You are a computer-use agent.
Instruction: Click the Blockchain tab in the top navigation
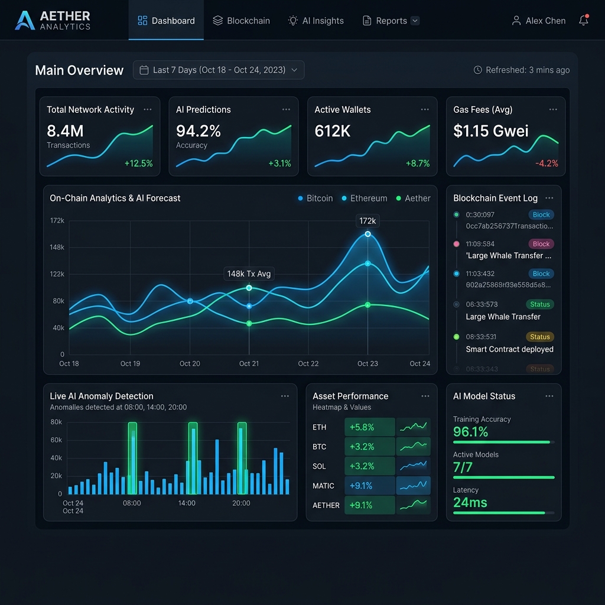tap(241, 21)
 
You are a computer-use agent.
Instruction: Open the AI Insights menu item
tap(315, 21)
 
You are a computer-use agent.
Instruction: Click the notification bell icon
tap(584, 21)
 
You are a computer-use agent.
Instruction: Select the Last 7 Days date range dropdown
tap(219, 70)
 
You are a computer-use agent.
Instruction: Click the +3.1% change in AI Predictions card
tap(279, 164)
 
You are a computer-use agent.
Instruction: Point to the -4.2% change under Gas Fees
tap(547, 164)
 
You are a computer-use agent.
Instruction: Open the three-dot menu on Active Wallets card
tap(425, 109)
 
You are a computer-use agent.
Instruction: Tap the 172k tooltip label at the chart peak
tap(367, 221)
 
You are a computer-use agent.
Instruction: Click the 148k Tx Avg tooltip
tap(249, 274)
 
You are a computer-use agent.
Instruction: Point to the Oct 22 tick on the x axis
tap(308, 363)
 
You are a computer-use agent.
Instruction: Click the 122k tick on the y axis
tap(57, 274)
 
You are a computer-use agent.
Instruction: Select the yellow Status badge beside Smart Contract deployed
tap(539, 337)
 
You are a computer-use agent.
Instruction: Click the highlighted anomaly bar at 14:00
tap(193, 458)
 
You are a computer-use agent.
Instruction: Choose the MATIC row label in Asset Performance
tap(324, 486)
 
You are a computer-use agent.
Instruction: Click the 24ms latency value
tap(470, 503)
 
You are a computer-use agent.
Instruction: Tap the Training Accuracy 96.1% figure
tap(471, 432)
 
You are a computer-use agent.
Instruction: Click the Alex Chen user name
tap(545, 21)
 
